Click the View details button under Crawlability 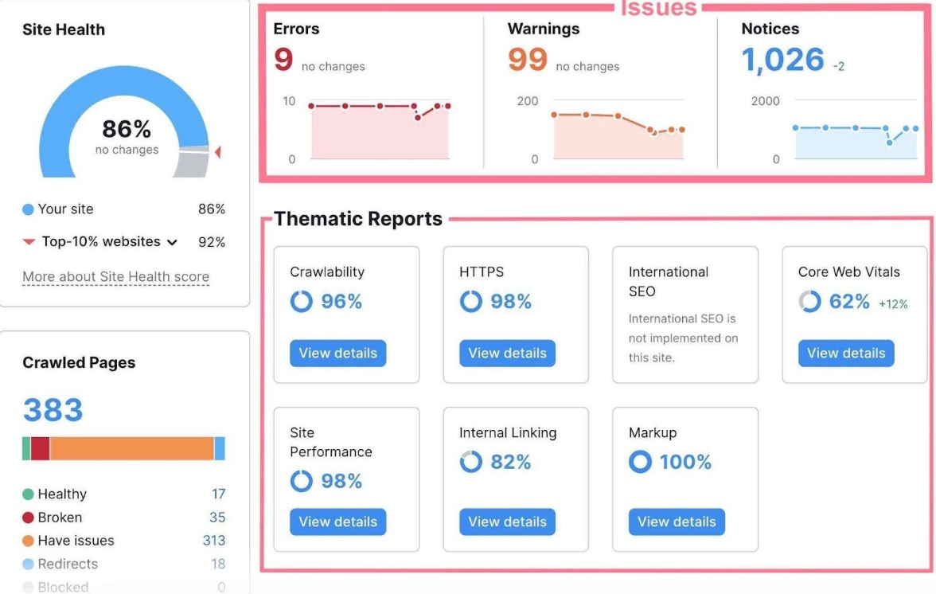(337, 354)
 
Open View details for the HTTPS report (507, 354)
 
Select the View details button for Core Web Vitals (846, 354)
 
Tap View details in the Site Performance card (337, 522)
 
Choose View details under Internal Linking (507, 522)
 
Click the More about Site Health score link (115, 277)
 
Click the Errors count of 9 (283, 61)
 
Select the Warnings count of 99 (528, 61)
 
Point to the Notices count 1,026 (782, 61)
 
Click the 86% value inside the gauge (127, 129)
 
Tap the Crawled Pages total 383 (53, 410)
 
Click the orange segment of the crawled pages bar (132, 448)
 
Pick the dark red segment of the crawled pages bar (41, 448)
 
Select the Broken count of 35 (217, 518)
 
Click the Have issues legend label (76, 541)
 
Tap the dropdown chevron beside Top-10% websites (172, 242)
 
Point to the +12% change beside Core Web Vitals (893, 304)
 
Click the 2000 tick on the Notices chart (765, 101)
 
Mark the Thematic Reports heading (358, 219)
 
